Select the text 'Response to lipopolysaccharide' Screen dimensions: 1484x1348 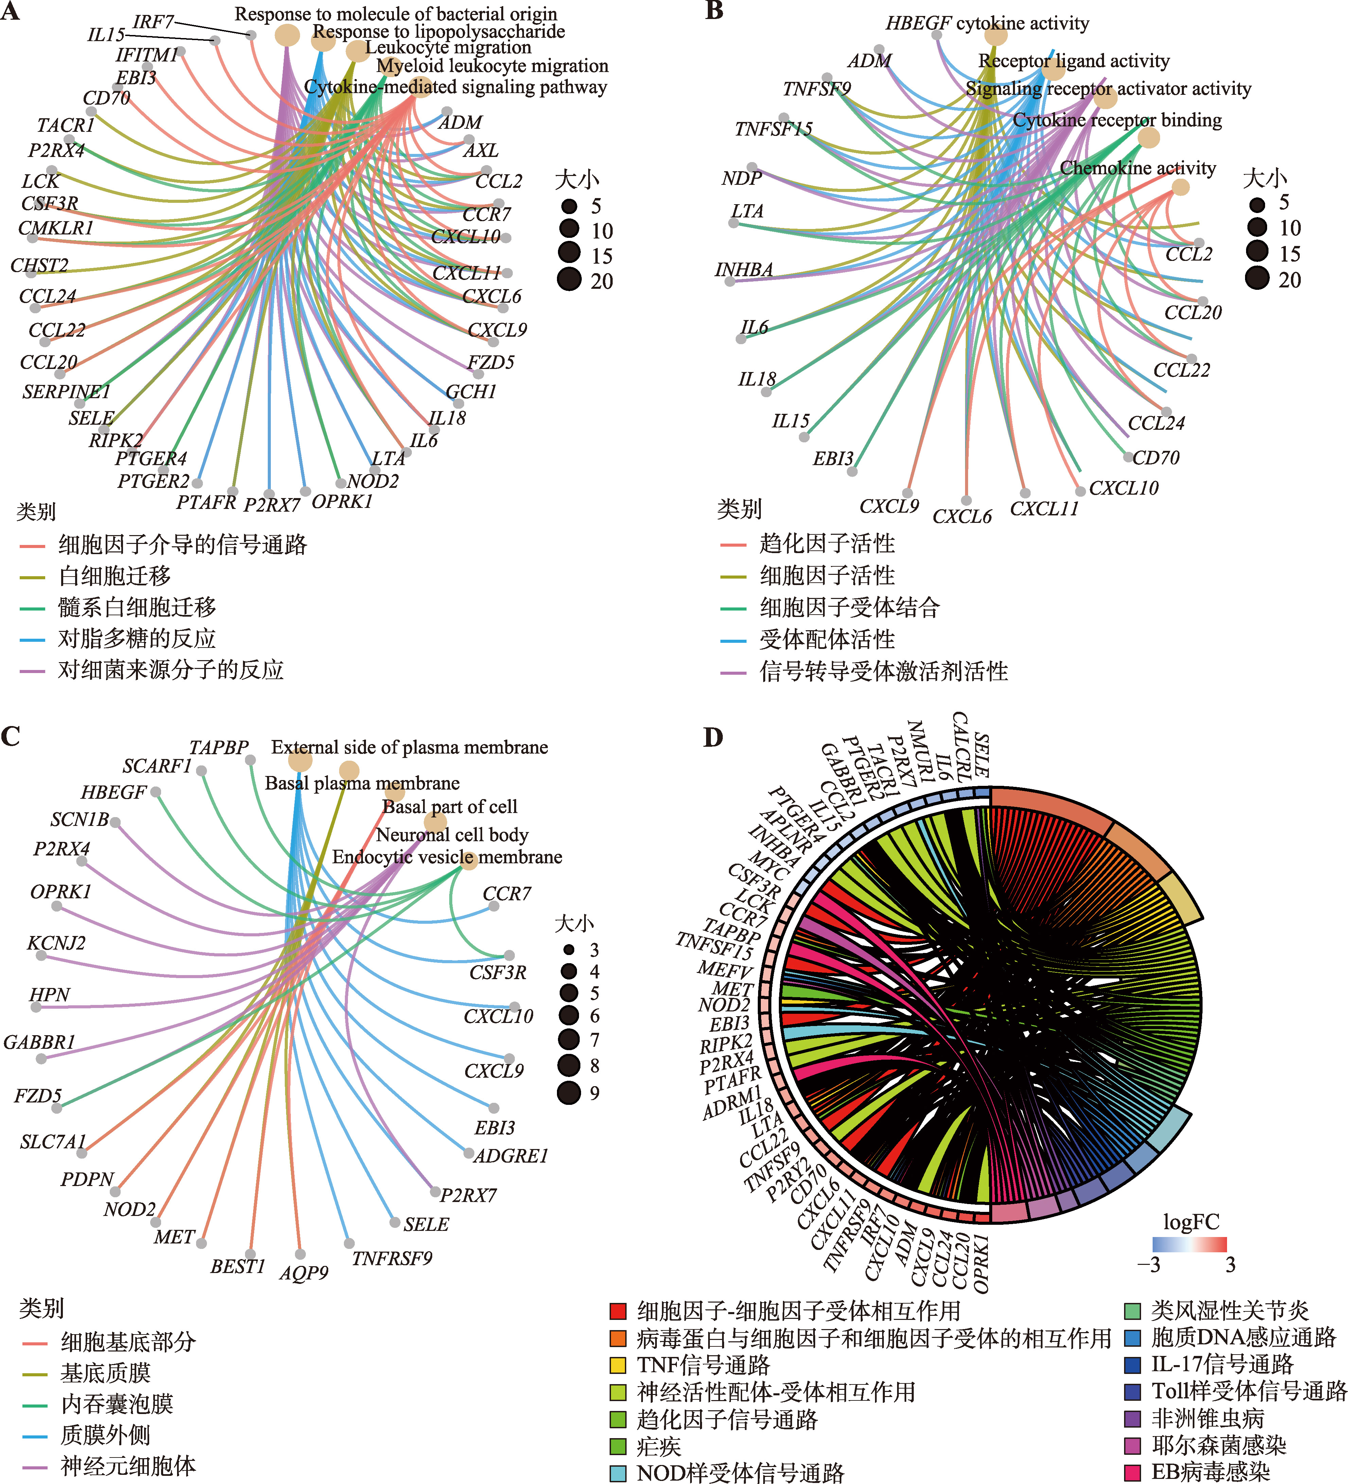coord(439,32)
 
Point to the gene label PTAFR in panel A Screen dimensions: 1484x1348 coord(206,502)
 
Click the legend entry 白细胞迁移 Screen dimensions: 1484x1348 coord(114,576)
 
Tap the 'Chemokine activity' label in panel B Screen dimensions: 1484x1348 coord(1137,168)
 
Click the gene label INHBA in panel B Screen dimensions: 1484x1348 coord(743,270)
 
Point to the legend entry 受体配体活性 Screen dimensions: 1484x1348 coord(827,639)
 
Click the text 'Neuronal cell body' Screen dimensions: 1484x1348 coord(452,835)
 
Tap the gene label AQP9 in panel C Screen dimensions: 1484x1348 coord(303,1273)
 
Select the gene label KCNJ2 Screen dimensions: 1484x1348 coord(56,943)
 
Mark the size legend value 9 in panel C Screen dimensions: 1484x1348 coord(594,1093)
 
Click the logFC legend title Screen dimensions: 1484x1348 coord(1190,1223)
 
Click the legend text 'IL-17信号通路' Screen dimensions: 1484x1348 coord(1222,1364)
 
